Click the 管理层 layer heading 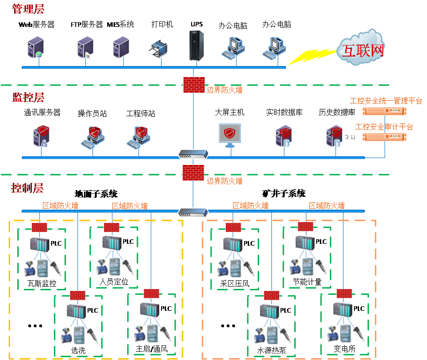(x=28, y=9)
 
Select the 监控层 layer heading (x=28, y=98)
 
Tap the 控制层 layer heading (x=28, y=188)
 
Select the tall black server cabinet (x=197, y=45)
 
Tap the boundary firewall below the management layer (x=194, y=85)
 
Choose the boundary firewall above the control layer (x=193, y=173)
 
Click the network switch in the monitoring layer (x=193, y=154)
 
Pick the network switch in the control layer (x=193, y=212)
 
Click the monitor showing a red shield (x=229, y=134)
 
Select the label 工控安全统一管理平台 (x=386, y=101)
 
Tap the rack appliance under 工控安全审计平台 (x=385, y=137)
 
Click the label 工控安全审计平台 (x=384, y=127)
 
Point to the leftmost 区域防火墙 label (x=60, y=206)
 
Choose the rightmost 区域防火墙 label (x=327, y=206)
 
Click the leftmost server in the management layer (x=36, y=47)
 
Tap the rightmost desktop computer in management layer (x=275, y=48)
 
